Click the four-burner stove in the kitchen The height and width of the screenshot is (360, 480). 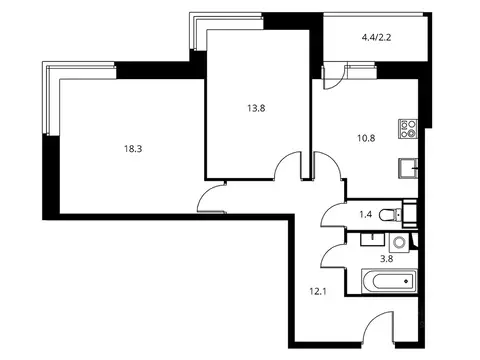pyautogui.click(x=408, y=128)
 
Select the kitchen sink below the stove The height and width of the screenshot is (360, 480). pyautogui.click(x=407, y=166)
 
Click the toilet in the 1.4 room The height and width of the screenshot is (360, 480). pyautogui.click(x=404, y=212)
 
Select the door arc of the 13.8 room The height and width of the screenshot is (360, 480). pyautogui.click(x=288, y=165)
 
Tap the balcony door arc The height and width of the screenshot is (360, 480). pyautogui.click(x=334, y=74)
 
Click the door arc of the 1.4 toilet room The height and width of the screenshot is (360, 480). pyautogui.click(x=334, y=214)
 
